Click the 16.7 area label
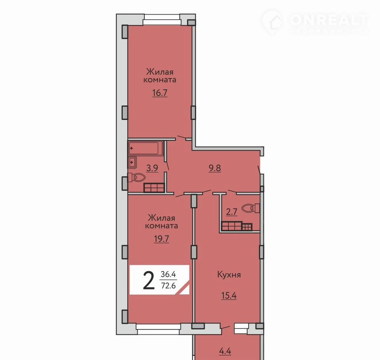tap(160, 93)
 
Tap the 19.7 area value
tap(161, 239)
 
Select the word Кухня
tap(229, 275)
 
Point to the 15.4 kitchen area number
tap(229, 296)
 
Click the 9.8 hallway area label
tap(215, 168)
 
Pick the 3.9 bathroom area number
tap(152, 168)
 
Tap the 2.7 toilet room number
tap(232, 212)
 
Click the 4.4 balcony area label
tap(225, 351)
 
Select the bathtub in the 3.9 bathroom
tap(145, 148)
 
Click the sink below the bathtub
tap(132, 162)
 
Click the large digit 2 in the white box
tap(148, 280)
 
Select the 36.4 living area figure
tap(168, 275)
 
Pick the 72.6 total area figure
tap(169, 286)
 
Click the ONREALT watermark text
tap(329, 20)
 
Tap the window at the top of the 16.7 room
tap(162, 20)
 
